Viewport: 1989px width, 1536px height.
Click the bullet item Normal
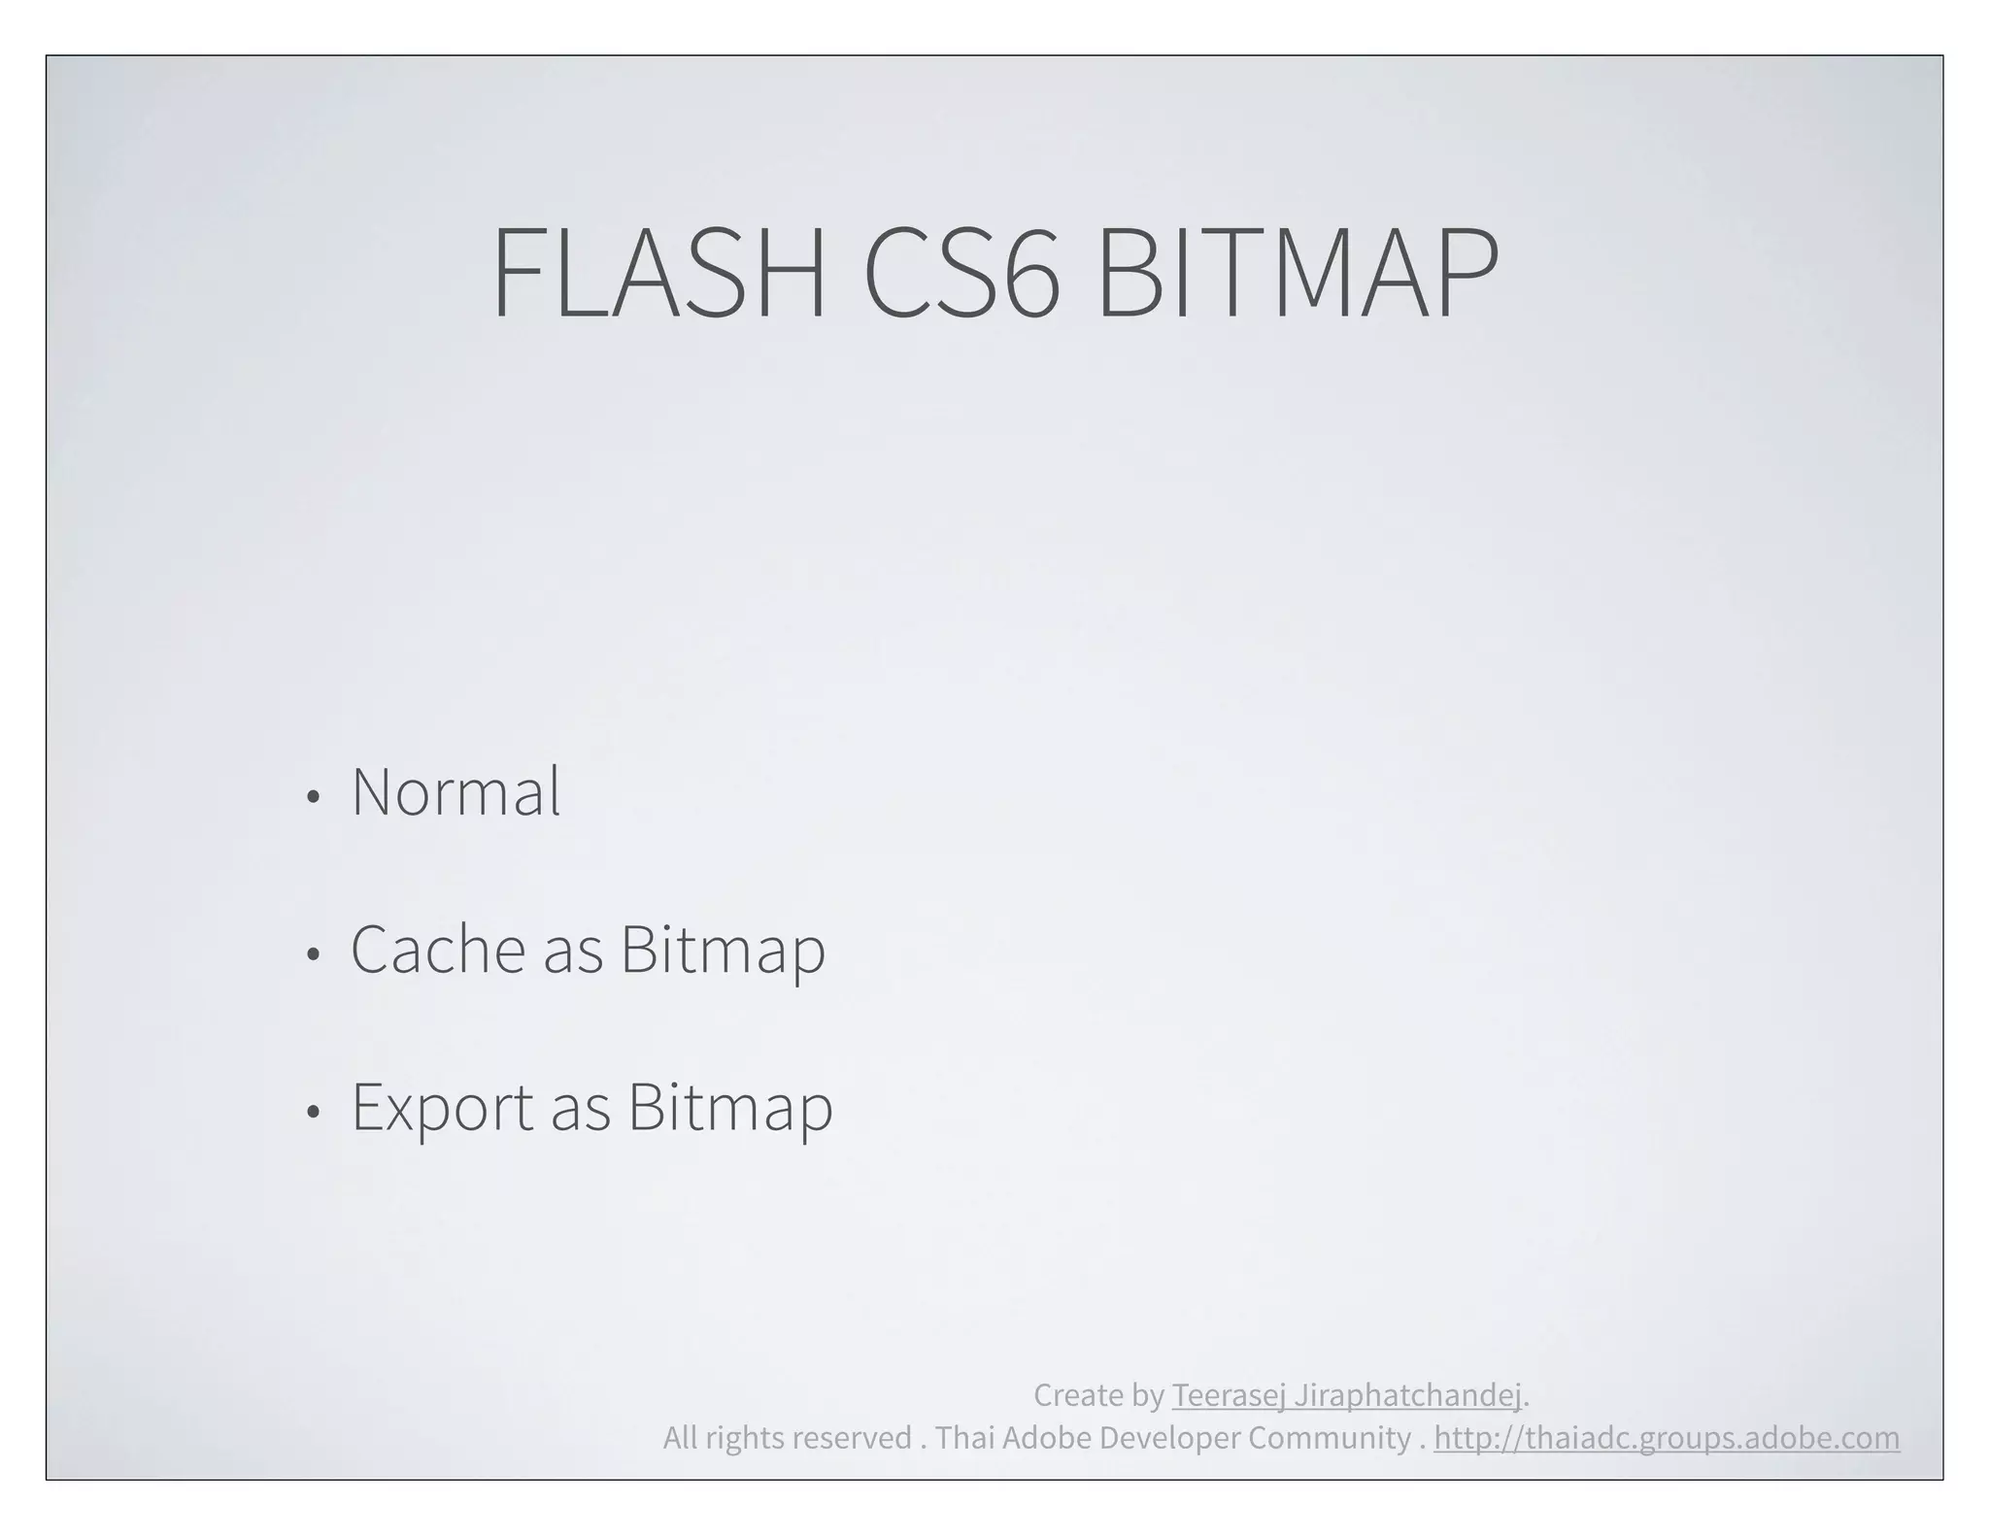coord(455,792)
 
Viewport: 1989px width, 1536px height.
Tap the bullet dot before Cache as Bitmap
coord(312,955)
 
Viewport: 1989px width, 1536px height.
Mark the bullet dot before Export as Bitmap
coord(312,1113)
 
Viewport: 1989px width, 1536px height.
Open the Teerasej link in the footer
coord(1229,1396)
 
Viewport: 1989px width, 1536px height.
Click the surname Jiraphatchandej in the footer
coord(1407,1396)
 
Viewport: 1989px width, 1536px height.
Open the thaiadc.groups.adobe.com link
coord(1667,1438)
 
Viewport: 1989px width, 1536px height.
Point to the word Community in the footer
coord(1329,1438)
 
